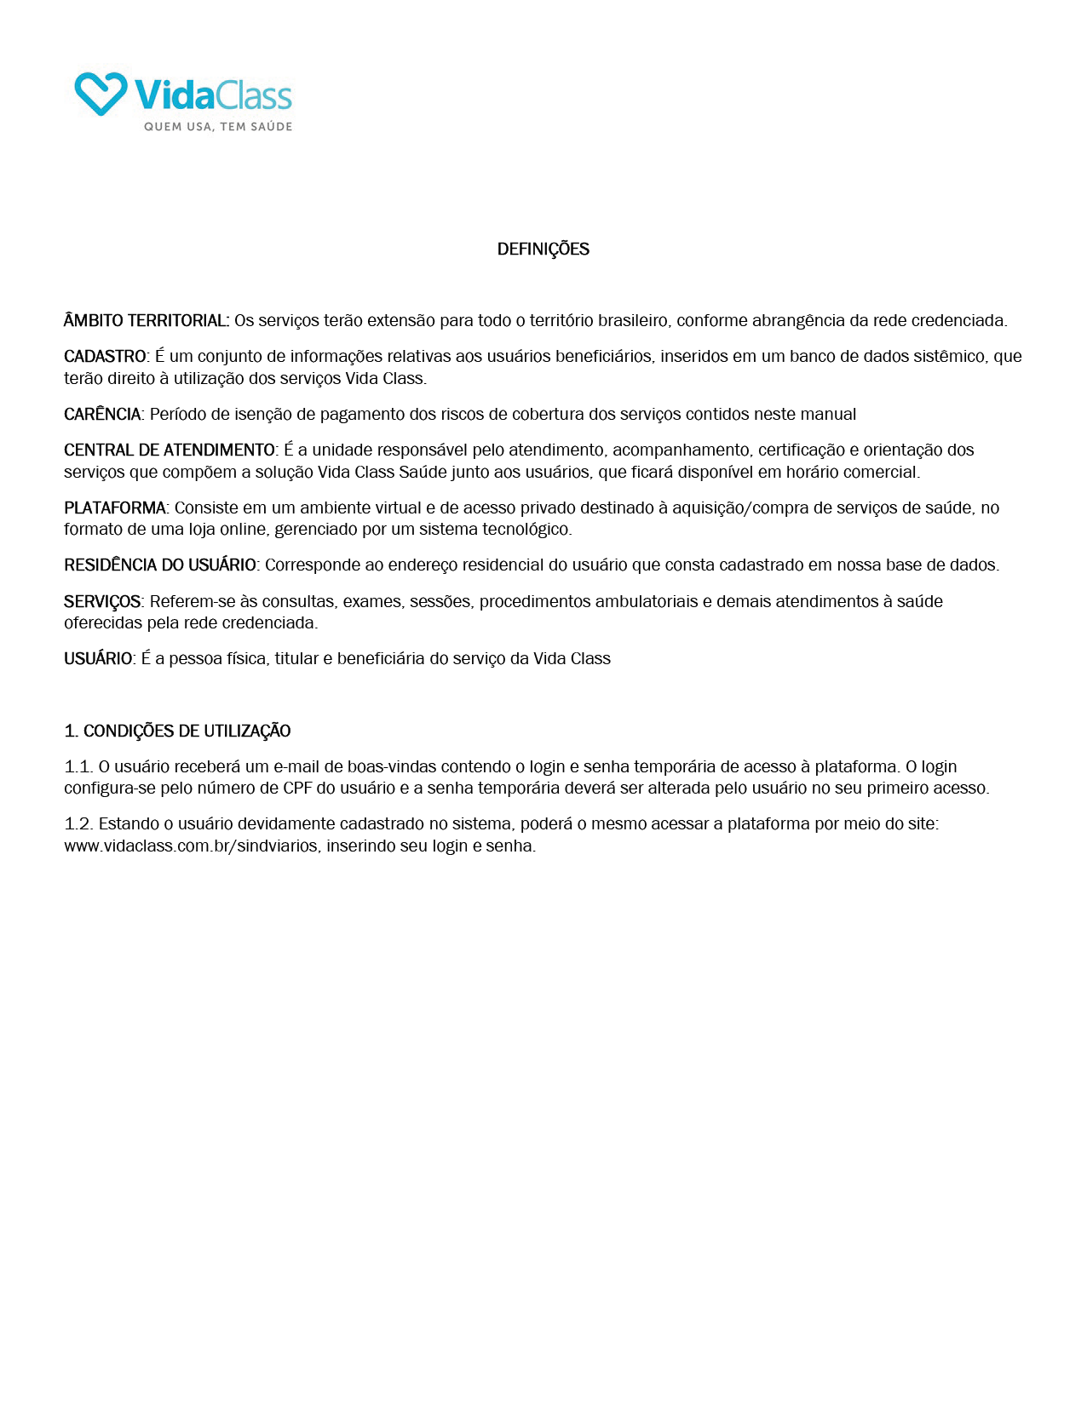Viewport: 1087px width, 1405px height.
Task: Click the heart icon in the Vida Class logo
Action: [x=101, y=93]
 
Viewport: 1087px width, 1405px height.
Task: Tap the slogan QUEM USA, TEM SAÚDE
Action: [x=217, y=127]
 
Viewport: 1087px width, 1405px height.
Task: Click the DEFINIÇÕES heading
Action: [x=543, y=249]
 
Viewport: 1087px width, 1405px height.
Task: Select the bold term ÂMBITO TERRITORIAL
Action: [x=146, y=321]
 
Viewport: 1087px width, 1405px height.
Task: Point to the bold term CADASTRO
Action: [x=105, y=357]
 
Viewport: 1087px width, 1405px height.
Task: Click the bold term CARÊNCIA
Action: [x=102, y=415]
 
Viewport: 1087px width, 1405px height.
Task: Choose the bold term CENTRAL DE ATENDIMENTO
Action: [x=170, y=450]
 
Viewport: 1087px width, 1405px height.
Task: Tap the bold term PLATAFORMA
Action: [x=115, y=508]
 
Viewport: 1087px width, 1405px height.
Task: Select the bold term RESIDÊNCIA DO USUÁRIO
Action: [x=159, y=565]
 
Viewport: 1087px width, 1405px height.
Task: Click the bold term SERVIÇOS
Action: [x=102, y=602]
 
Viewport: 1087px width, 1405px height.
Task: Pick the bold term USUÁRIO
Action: [x=98, y=659]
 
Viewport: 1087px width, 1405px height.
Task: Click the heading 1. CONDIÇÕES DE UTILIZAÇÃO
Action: [x=177, y=731]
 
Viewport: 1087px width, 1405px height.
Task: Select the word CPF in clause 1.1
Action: [x=297, y=789]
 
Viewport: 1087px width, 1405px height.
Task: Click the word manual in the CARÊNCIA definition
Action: [x=830, y=415]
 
